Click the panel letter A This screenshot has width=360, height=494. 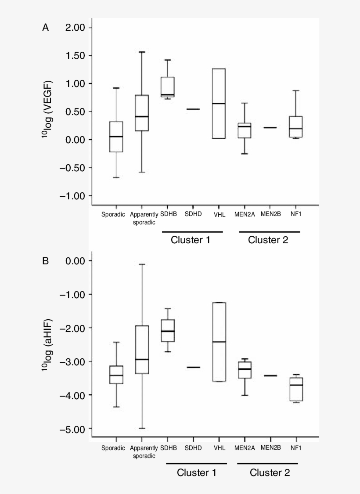45,28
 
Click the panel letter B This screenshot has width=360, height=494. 45,261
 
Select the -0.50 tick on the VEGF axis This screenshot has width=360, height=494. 76,168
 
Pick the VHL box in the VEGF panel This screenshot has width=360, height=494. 219,104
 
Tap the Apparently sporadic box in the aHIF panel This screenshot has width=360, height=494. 142,350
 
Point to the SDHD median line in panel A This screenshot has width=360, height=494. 193,109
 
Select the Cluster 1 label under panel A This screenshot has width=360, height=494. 191,240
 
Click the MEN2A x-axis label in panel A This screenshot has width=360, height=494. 245,214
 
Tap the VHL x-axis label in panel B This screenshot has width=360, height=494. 220,448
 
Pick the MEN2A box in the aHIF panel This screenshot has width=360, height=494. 245,370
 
